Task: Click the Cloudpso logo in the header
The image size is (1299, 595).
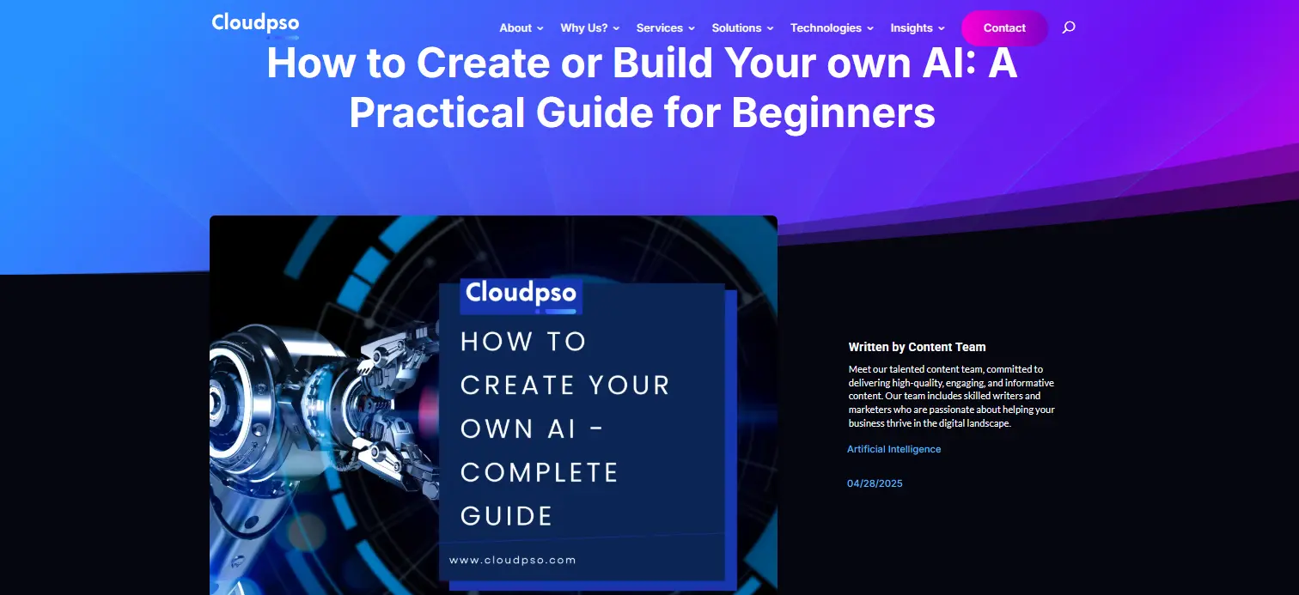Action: pos(255,25)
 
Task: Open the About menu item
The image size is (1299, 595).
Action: pos(521,27)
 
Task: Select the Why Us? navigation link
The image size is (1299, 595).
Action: pos(589,27)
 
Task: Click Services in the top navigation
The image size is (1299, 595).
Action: pos(665,27)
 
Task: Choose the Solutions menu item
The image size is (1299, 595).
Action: pos(742,27)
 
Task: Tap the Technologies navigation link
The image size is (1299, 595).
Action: pos(832,27)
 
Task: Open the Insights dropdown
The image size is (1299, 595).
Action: pos(918,27)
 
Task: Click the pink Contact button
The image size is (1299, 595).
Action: pos(1004,27)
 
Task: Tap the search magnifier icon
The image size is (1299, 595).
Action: pos(1069,27)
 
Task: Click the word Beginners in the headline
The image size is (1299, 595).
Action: pos(832,113)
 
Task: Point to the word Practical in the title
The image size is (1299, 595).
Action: pos(437,112)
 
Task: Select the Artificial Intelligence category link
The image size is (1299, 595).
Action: pos(893,449)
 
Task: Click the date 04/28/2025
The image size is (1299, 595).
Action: pos(875,483)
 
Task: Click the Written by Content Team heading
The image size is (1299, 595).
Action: pos(917,347)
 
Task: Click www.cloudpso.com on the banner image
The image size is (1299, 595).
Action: pos(513,561)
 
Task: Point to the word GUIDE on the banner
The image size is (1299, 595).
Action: pos(506,516)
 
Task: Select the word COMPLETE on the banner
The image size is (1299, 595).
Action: pos(540,473)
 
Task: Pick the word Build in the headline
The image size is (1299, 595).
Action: pos(662,63)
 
